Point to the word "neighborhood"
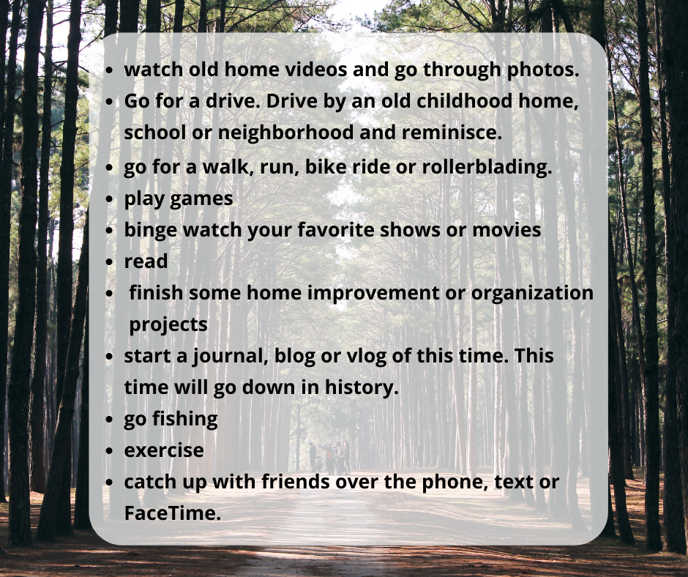pos(285,133)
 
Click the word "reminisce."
pos(452,133)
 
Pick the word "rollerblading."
pos(487,167)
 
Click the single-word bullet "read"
pos(146,261)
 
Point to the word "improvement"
pos(373,294)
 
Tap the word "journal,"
pos(231,357)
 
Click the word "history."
pos(362,388)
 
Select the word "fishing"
pos(184,420)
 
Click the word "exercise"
pos(164,451)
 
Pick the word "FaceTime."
pos(173,513)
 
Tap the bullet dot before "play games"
pos(110,199)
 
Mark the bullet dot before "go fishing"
pos(110,420)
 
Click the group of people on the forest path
pos(330,458)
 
